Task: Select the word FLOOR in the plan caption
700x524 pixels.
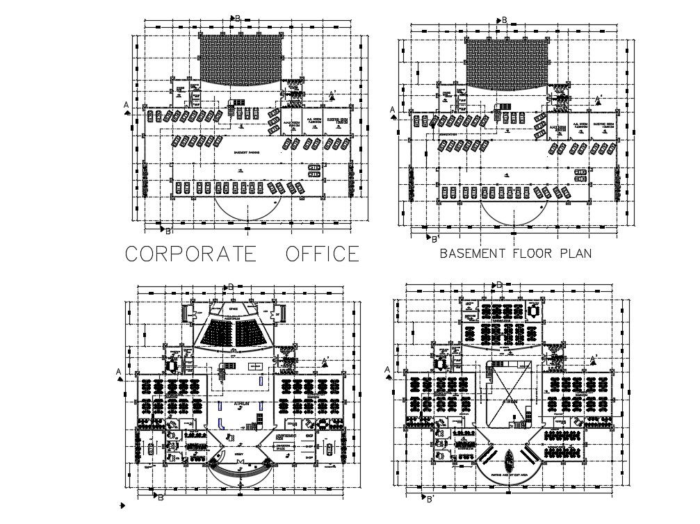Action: tap(534, 254)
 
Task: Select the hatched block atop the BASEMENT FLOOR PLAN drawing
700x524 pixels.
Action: tap(507, 63)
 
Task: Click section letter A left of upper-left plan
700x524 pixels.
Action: tap(126, 105)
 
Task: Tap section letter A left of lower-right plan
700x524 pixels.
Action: tap(388, 370)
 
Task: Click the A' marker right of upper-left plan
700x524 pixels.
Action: tap(332, 94)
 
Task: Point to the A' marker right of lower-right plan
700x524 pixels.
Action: tap(593, 359)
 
